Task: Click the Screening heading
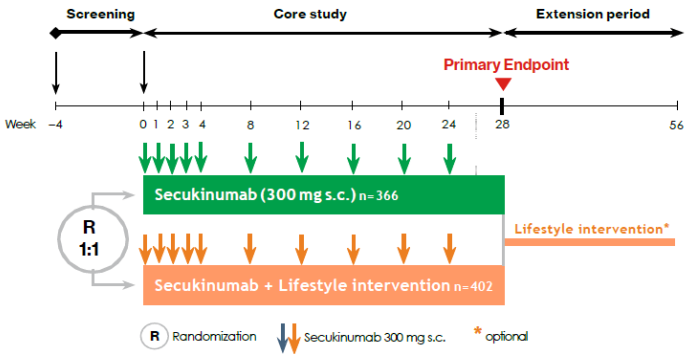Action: tap(100, 14)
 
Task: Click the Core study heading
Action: tap(310, 14)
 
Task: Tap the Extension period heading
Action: tap(593, 14)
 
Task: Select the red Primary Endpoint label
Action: tap(506, 65)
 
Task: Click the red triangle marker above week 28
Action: tap(503, 83)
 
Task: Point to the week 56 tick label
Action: tap(676, 125)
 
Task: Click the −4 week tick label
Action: tap(56, 125)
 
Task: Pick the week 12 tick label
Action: tap(302, 125)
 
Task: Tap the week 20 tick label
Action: tap(404, 125)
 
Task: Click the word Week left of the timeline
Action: tap(21, 124)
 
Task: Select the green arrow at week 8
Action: tap(250, 158)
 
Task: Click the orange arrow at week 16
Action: tap(353, 249)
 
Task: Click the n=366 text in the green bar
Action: tap(379, 195)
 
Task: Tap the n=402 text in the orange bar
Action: tap(473, 286)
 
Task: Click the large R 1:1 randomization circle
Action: tap(93, 239)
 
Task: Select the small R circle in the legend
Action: tap(154, 336)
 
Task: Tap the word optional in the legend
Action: tap(506, 336)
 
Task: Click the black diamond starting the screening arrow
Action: tap(56, 33)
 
